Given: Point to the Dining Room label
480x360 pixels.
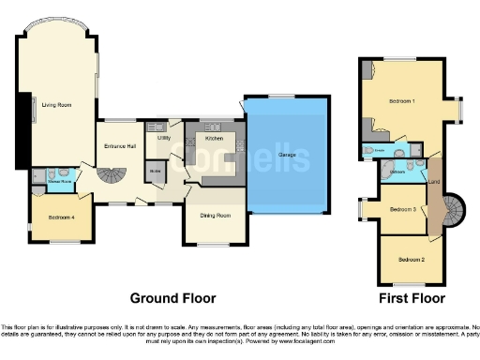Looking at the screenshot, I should pyautogui.click(x=217, y=214).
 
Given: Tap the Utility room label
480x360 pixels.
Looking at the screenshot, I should pyautogui.click(x=164, y=138).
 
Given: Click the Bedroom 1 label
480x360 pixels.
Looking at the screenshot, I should pyautogui.click(x=405, y=100).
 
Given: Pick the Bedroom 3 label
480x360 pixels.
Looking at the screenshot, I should pyautogui.click(x=403, y=209).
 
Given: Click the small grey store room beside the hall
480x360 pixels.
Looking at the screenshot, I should pyautogui.click(x=154, y=171).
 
